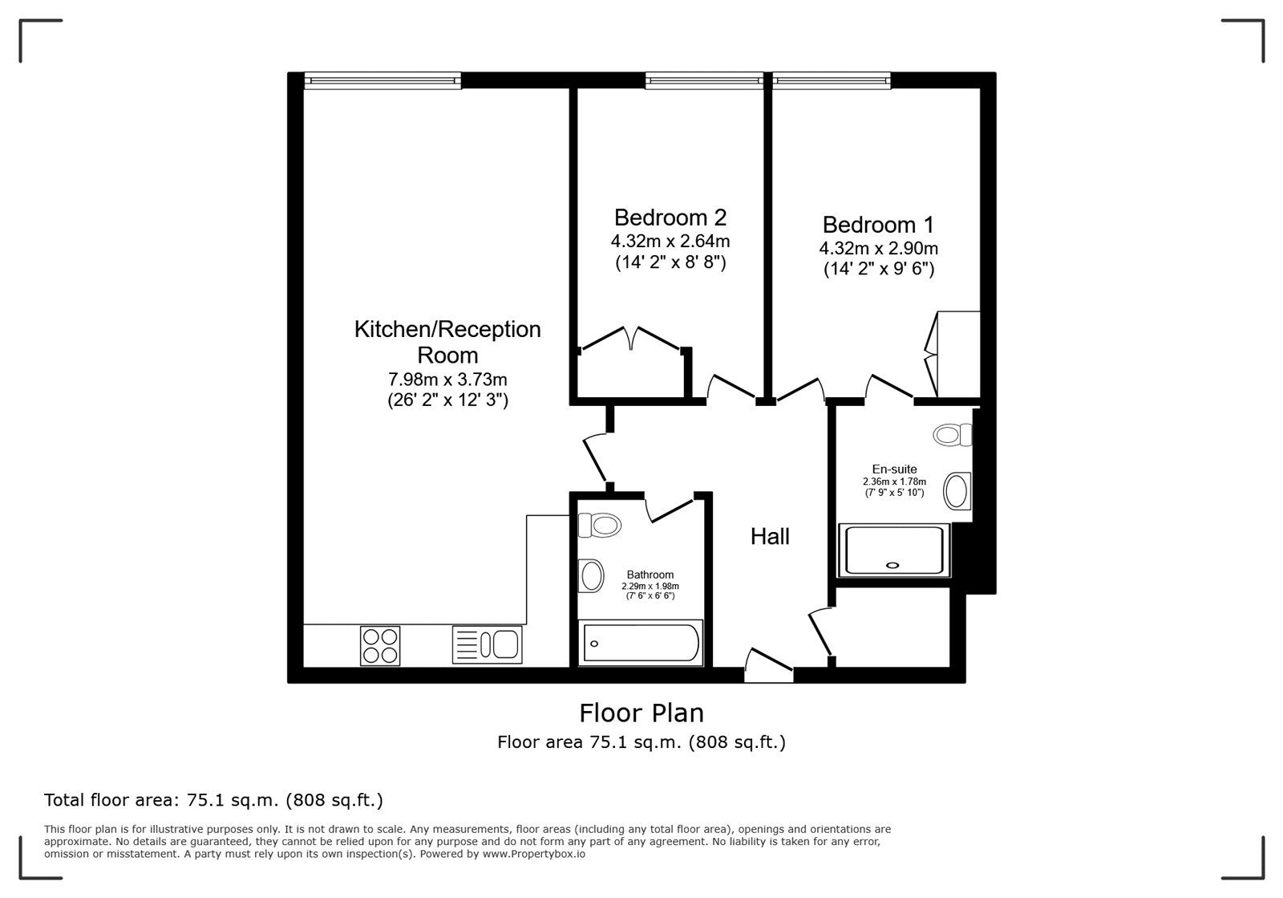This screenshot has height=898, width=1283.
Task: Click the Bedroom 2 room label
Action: [x=670, y=217]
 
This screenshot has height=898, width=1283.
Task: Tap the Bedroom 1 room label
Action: [x=878, y=225]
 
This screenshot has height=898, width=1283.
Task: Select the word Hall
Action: [x=770, y=536]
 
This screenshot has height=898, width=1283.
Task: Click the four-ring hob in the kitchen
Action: [x=380, y=645]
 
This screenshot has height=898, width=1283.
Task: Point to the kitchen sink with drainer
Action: [x=487, y=644]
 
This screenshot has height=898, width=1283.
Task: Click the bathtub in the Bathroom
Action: [x=641, y=642]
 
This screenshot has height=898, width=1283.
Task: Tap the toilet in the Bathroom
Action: [x=600, y=526]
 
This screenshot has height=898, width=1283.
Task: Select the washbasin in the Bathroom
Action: [x=592, y=575]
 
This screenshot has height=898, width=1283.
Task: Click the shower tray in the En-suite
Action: [x=893, y=550]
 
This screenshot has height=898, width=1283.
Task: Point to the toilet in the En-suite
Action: [x=952, y=435]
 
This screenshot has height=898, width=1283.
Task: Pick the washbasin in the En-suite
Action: [x=957, y=490]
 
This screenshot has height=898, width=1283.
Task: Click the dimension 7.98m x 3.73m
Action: [x=447, y=379]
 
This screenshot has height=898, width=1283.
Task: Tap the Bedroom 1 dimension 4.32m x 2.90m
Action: [x=879, y=248]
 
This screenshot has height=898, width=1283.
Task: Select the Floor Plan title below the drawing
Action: [x=641, y=713]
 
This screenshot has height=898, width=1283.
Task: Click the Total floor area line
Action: [x=213, y=800]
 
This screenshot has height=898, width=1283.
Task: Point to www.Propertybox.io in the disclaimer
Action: [x=533, y=854]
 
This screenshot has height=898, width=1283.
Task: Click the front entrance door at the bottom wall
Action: [x=768, y=666]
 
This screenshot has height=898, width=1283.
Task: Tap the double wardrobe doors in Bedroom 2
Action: [x=631, y=338]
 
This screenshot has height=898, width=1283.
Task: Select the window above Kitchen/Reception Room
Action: [x=382, y=79]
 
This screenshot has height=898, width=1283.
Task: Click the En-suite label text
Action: [x=894, y=469]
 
